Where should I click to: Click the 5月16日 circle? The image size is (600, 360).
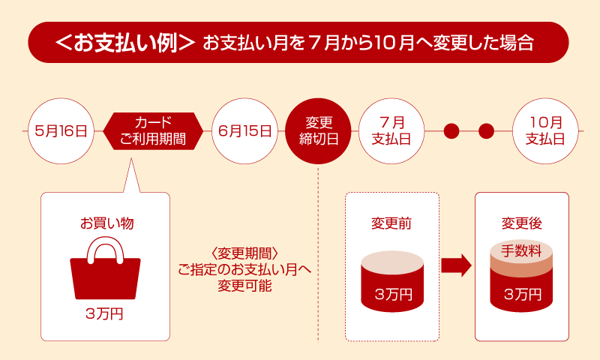click(x=61, y=131)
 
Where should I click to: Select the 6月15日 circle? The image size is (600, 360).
click(x=245, y=131)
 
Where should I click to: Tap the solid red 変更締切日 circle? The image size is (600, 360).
click(x=318, y=131)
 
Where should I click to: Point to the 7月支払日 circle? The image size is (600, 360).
click(x=391, y=131)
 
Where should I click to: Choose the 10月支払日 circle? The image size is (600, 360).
click(x=545, y=131)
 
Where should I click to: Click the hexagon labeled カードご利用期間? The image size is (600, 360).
click(x=153, y=131)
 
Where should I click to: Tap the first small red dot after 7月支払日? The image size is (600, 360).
click(x=451, y=131)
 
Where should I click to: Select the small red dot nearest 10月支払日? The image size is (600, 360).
click(x=486, y=131)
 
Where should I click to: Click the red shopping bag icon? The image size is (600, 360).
click(x=105, y=268)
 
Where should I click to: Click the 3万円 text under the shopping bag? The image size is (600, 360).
click(x=104, y=314)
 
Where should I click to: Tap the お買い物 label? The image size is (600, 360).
click(x=106, y=223)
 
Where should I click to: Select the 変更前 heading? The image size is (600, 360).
click(x=391, y=223)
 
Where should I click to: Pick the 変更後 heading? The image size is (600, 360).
click(x=522, y=223)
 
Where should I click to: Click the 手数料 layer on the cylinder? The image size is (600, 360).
click(x=521, y=252)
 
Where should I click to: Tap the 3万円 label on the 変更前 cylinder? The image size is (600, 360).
click(x=393, y=295)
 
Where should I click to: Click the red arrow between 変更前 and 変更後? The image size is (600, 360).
click(x=456, y=265)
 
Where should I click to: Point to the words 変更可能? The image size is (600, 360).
click(x=245, y=286)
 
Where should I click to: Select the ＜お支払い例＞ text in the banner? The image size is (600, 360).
click(x=125, y=43)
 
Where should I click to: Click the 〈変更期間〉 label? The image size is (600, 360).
click(x=244, y=253)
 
